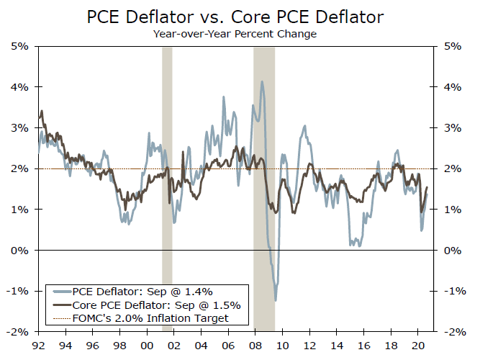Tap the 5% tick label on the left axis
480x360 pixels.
tap(19, 46)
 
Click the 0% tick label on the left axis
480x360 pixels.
tap(19, 251)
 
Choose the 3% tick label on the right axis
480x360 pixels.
tap(455, 128)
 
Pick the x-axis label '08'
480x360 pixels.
tap(255, 343)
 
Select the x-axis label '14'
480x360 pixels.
tap(336, 343)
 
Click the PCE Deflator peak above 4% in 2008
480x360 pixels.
tap(262, 82)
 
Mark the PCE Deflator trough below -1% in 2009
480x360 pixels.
tap(275, 300)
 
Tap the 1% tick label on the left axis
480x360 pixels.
tap(19, 210)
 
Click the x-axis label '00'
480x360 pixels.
tap(147, 343)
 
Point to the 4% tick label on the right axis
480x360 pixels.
tap(455, 87)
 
